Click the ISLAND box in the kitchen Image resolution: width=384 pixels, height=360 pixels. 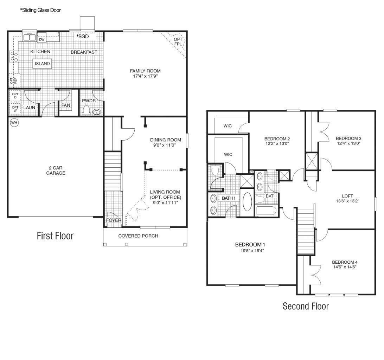42,64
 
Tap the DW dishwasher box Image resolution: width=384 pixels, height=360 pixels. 42,39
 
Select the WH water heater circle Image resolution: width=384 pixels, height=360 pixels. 14,122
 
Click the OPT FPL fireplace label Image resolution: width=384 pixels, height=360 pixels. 178,42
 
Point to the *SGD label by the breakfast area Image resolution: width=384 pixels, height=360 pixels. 83,37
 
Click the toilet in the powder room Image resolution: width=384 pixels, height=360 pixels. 86,110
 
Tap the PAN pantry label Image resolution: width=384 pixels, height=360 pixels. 65,105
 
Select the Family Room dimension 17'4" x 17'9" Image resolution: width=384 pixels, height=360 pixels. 145,76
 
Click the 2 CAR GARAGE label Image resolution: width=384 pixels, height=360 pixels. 56,170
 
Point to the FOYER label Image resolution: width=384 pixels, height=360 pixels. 113,220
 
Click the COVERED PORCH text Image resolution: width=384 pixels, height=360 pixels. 138,236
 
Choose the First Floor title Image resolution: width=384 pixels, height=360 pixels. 55,236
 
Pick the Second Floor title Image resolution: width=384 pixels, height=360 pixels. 306,306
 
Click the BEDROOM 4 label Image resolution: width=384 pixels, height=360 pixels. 345,262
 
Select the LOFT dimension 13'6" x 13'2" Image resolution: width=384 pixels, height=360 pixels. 347,201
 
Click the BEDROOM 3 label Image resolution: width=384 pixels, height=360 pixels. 348,138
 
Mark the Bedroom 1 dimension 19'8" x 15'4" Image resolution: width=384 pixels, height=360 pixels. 250,251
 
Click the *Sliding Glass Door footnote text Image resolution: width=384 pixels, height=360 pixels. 40,10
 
